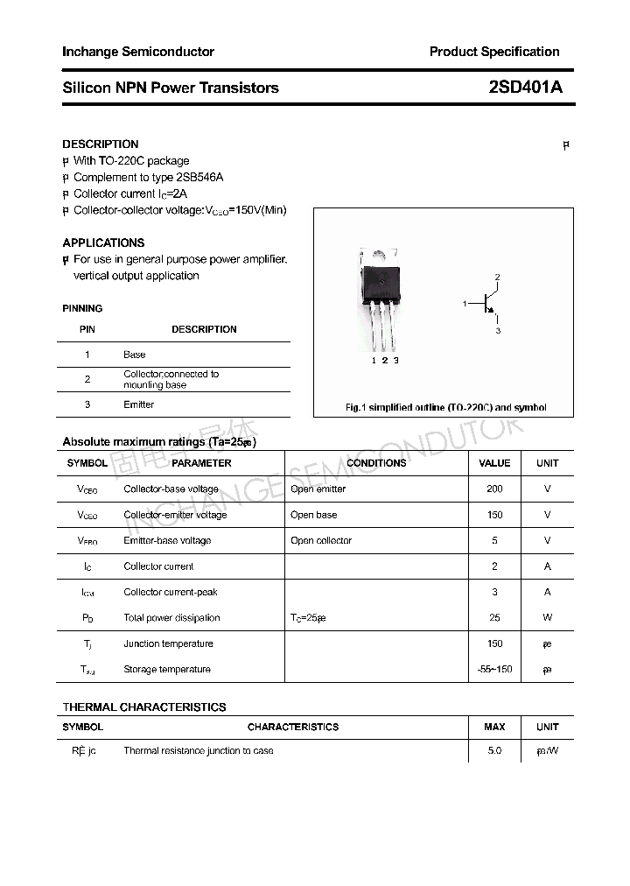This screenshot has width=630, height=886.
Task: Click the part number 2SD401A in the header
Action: click(x=525, y=88)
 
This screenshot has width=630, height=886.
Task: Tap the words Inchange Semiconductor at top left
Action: click(x=138, y=52)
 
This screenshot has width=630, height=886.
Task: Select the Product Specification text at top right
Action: click(x=493, y=52)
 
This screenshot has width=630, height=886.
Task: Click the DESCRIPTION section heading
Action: click(x=101, y=144)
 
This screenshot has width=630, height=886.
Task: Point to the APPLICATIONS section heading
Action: click(x=103, y=243)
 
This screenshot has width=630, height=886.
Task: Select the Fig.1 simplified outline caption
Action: click(x=445, y=407)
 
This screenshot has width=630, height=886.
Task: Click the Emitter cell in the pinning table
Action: click(x=138, y=404)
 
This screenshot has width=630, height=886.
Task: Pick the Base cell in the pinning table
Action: click(x=134, y=355)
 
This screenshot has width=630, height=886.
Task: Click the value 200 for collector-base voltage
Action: click(x=494, y=489)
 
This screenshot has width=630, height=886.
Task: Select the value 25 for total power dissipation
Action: click(x=494, y=617)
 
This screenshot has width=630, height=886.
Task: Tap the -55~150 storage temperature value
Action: click(x=494, y=669)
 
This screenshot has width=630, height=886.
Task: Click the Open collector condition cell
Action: click(x=321, y=540)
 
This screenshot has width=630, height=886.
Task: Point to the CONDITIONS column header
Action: click(x=376, y=462)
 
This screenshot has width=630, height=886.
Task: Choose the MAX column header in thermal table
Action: click(x=494, y=727)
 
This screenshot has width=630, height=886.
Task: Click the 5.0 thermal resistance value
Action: click(x=494, y=750)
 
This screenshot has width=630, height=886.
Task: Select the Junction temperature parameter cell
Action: click(x=168, y=643)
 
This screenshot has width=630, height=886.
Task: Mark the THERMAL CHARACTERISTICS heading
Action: click(x=144, y=707)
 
